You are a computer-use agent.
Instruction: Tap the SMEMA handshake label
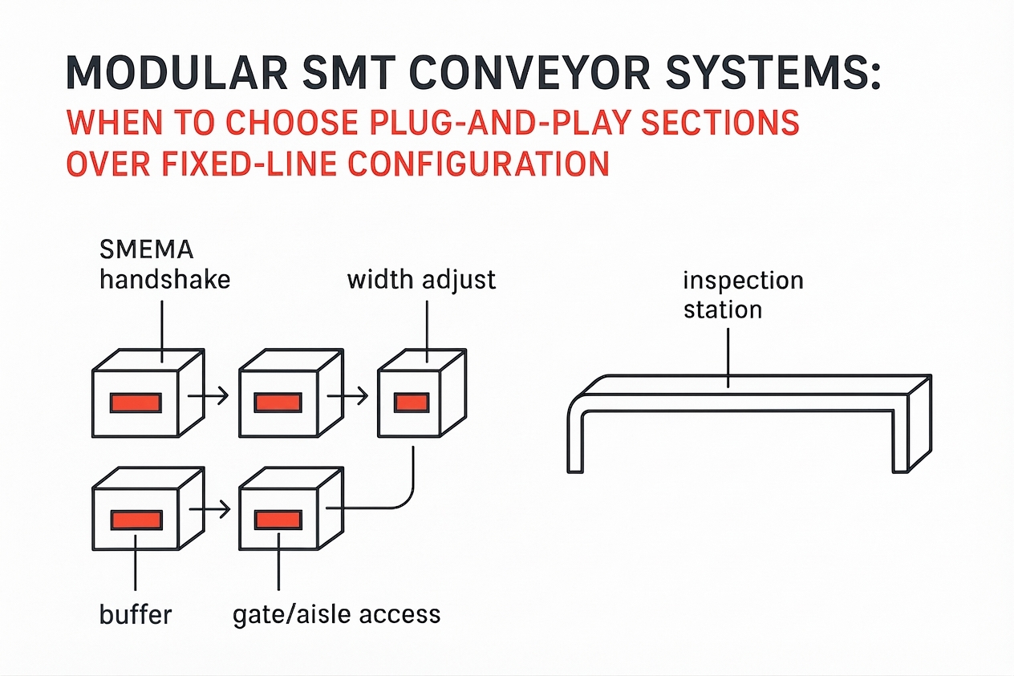(164, 264)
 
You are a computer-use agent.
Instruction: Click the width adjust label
(422, 280)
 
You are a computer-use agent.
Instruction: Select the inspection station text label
(743, 294)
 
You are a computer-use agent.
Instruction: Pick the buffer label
(136, 614)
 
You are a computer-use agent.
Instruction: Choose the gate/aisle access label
(336, 614)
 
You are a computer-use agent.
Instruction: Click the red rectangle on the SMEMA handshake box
(135, 402)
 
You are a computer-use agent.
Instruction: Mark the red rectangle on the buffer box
(135, 520)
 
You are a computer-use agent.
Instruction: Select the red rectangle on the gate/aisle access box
(278, 520)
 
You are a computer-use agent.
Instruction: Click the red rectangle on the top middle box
(278, 402)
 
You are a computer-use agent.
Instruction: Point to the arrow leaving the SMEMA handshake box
(207, 395)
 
